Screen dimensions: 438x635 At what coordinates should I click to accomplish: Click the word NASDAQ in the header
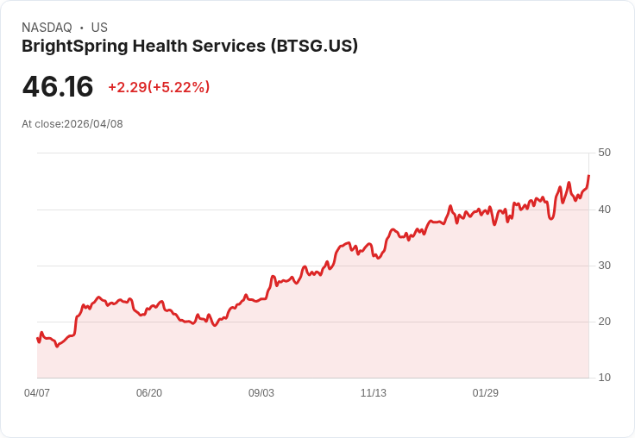(47, 28)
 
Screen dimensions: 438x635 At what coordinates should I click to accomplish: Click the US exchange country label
(99, 28)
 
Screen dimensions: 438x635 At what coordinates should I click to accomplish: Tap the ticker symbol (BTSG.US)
(314, 46)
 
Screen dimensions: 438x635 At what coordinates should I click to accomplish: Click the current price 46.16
(58, 86)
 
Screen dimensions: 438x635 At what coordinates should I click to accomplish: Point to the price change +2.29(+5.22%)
(159, 87)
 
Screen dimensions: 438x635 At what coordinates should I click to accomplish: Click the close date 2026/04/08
(93, 124)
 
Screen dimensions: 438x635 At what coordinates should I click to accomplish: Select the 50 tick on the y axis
(604, 153)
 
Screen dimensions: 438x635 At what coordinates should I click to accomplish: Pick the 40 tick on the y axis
(604, 209)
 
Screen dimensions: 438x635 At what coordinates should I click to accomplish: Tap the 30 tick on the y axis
(604, 265)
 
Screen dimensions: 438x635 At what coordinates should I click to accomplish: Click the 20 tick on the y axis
(604, 322)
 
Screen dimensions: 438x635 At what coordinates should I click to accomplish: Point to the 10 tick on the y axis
(604, 378)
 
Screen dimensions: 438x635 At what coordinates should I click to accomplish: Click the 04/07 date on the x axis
(37, 393)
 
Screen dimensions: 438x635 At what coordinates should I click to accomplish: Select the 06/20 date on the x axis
(149, 393)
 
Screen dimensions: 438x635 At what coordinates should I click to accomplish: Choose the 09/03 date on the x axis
(261, 393)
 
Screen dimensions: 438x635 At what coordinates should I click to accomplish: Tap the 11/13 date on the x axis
(374, 393)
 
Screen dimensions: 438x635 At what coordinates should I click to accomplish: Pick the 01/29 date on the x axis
(486, 393)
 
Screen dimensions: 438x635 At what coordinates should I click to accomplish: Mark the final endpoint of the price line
(588, 176)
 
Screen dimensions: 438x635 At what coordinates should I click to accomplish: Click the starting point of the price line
(37, 338)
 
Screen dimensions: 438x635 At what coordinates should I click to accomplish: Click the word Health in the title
(167, 46)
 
